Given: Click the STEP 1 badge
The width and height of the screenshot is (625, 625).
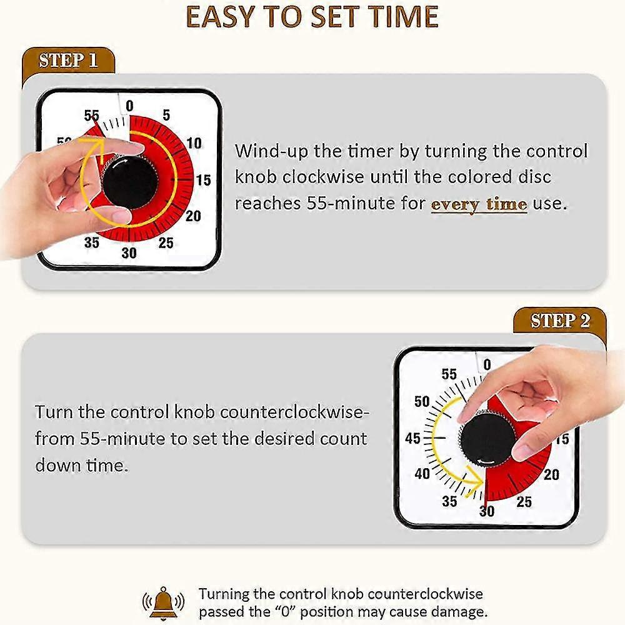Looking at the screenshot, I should point(69,61).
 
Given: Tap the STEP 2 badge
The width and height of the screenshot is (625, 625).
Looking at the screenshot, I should point(560,321).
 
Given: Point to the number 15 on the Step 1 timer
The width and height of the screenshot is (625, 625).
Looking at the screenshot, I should point(203,181).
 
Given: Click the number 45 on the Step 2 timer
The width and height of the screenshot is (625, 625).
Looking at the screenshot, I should point(413,439).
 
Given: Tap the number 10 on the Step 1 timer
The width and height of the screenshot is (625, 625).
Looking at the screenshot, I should point(194,142).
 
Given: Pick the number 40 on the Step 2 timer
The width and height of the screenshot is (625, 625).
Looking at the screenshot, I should point(422,474).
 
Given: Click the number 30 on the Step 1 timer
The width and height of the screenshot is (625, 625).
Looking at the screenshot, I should point(129,253).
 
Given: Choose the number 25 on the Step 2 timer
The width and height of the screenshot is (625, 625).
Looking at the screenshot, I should point(524,501).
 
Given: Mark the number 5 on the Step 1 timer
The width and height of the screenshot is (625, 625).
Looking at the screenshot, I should point(166,115).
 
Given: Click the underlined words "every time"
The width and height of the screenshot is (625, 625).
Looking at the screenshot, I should point(479,204).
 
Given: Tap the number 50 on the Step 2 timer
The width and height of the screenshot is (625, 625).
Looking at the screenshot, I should point(422,402).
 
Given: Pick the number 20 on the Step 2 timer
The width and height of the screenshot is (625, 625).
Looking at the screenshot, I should point(551,475).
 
